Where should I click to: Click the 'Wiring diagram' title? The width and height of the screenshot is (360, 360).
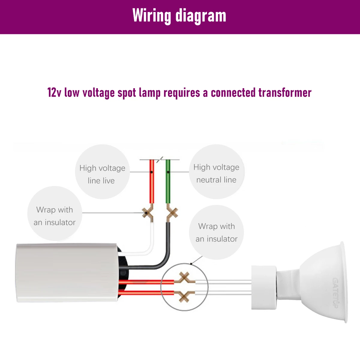click(179, 16)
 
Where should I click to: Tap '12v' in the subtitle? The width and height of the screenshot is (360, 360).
click(54, 92)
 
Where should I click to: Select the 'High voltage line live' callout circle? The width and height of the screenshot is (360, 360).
click(102, 171)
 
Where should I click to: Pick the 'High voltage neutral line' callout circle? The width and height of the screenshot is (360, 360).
click(216, 172)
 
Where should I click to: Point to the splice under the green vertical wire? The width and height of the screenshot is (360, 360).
click(172, 214)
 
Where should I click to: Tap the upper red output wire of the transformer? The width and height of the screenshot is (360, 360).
click(144, 282)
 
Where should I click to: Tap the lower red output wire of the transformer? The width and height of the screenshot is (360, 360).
click(144, 292)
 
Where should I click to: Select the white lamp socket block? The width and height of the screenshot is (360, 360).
click(264, 287)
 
